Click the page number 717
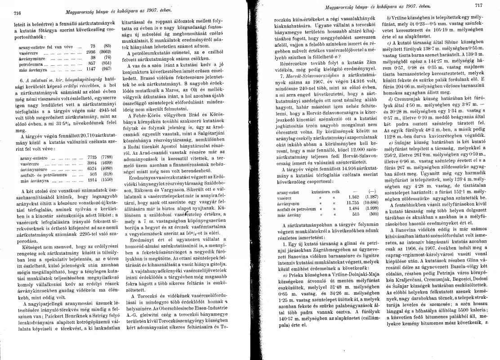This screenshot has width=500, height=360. [478, 5]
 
